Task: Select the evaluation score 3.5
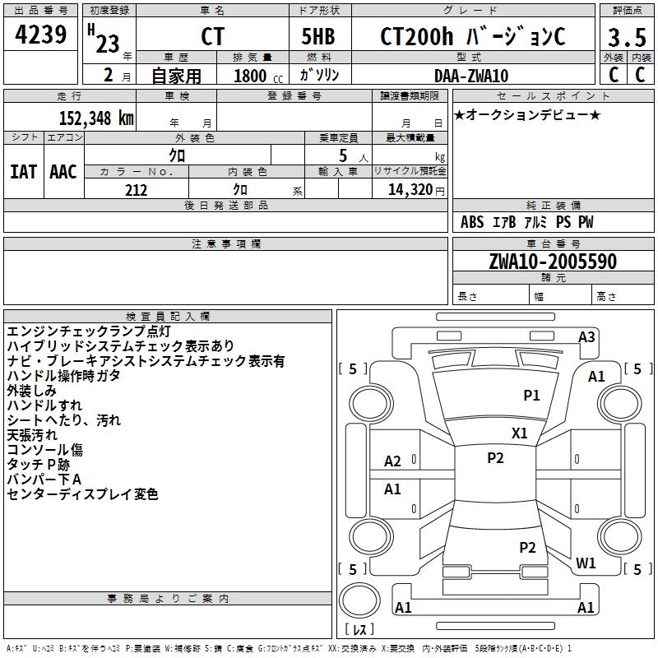point(625,38)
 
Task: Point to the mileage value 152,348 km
point(97,118)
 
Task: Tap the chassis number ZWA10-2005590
point(552,262)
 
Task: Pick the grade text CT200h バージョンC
point(472,37)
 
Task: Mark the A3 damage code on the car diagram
point(586,336)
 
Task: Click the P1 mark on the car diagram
point(532,396)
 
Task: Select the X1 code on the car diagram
point(520,433)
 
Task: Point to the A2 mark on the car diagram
point(393,461)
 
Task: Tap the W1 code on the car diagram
point(586,563)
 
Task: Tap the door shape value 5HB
point(317,37)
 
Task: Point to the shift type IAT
point(24,171)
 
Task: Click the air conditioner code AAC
point(63,171)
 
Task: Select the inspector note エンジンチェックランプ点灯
point(89,331)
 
